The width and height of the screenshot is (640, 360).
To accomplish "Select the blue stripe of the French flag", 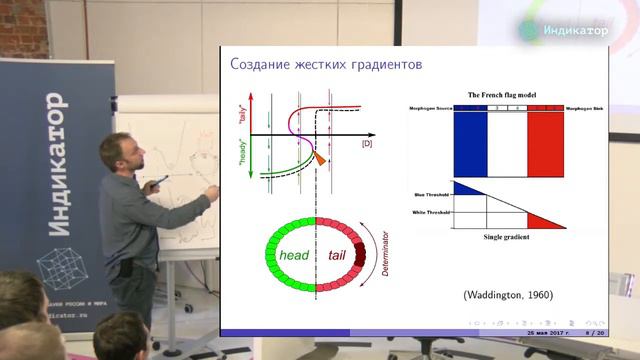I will [x=469, y=143].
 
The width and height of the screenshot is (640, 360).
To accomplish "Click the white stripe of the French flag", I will [x=506, y=143].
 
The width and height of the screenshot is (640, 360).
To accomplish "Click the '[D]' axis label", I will [x=366, y=146].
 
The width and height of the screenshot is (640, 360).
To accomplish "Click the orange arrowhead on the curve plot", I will [x=320, y=159].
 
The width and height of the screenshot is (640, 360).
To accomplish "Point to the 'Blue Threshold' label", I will [x=432, y=193].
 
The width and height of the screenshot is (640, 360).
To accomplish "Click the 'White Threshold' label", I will [x=431, y=212].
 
